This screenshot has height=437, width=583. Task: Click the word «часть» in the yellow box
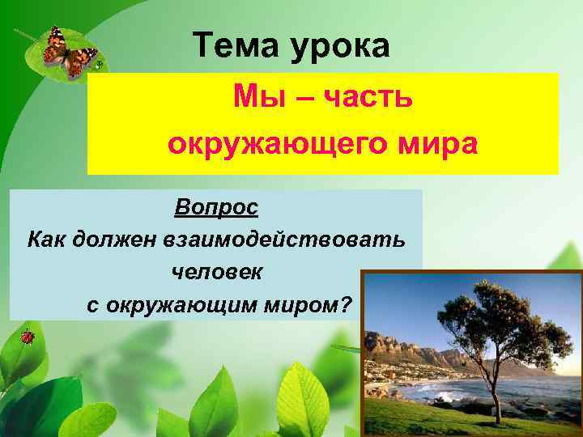tap(368, 99)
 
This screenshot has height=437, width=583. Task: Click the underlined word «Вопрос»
tap(216, 207)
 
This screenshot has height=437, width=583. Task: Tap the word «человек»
tap(216, 272)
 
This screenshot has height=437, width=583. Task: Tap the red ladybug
tap(27, 335)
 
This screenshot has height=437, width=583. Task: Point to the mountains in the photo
tap(405, 348)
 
